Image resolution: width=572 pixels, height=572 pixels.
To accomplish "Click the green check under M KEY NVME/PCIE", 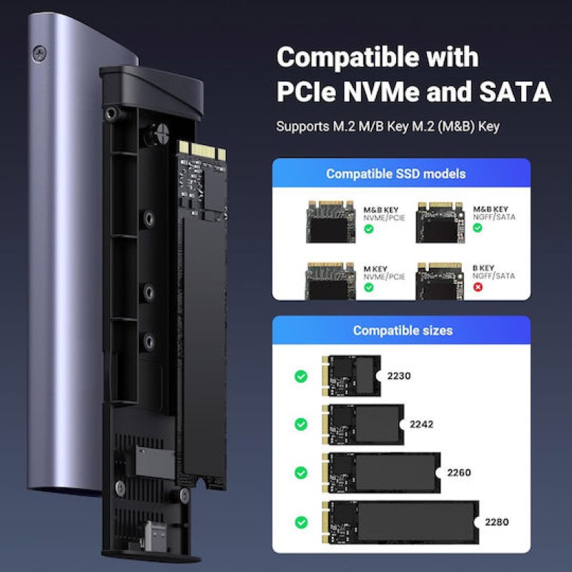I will click(369, 287).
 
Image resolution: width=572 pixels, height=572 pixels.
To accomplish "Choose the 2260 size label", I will click(459, 473).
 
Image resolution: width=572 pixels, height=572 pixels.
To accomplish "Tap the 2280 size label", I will click(496, 521).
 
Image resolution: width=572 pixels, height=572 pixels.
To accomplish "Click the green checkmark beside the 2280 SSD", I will click(301, 521).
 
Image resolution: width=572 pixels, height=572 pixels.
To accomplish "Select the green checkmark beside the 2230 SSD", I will click(301, 376).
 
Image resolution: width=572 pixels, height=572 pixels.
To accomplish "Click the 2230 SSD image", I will click(352, 375).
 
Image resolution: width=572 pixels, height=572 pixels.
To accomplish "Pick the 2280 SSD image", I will click(400, 521).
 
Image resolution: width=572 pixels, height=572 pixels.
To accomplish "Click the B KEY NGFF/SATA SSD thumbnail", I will click(440, 280).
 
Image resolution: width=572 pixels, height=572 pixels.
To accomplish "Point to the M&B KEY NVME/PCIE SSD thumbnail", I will click(331, 221).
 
